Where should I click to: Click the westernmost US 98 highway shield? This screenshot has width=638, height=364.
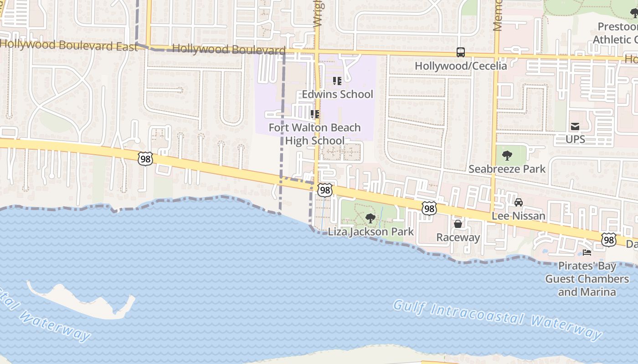click(x=145, y=159)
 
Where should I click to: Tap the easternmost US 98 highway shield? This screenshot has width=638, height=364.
click(x=608, y=239)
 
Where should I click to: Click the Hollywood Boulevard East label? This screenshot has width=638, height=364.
click(x=68, y=45)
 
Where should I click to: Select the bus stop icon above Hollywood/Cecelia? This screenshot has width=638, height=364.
click(x=461, y=52)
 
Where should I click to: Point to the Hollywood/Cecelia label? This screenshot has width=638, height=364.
click(x=461, y=66)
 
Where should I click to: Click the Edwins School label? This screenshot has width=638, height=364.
click(x=338, y=94)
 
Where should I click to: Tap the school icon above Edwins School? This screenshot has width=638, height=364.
click(x=337, y=81)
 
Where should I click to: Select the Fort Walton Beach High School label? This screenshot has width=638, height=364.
click(x=315, y=134)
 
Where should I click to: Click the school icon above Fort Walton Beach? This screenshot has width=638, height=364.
click(x=314, y=114)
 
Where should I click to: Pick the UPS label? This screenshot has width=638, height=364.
click(x=575, y=139)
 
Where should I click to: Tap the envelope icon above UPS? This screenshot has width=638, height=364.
click(x=575, y=126)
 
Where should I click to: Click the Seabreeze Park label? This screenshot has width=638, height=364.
click(x=507, y=169)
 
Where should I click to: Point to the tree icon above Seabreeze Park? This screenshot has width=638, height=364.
click(x=507, y=156)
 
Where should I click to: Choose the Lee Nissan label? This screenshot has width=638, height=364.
click(x=519, y=216)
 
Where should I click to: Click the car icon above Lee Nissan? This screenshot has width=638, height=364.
click(x=519, y=202)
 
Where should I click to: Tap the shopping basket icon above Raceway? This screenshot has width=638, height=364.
click(x=458, y=224)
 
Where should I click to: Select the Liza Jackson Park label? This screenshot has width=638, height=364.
click(x=371, y=232)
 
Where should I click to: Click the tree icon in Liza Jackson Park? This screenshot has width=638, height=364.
click(x=370, y=218)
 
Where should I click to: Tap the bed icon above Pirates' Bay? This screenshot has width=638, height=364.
click(x=587, y=253)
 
